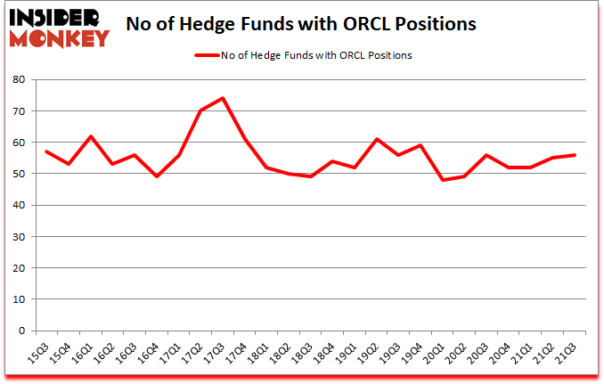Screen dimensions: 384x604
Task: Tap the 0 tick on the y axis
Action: pyautogui.click(x=20, y=331)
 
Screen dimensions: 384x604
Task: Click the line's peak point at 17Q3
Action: pyautogui.click(x=223, y=98)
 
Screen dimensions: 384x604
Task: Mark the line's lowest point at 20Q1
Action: pyautogui.click(x=443, y=180)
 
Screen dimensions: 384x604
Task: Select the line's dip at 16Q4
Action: pyautogui.click(x=157, y=176)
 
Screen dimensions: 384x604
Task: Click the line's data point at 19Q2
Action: pyautogui.click(x=377, y=139)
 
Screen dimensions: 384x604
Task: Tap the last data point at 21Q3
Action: pyautogui.click(x=575, y=155)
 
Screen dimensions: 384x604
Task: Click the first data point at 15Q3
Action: pyautogui.click(x=46, y=151)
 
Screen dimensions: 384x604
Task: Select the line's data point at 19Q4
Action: pyautogui.click(x=420, y=145)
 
